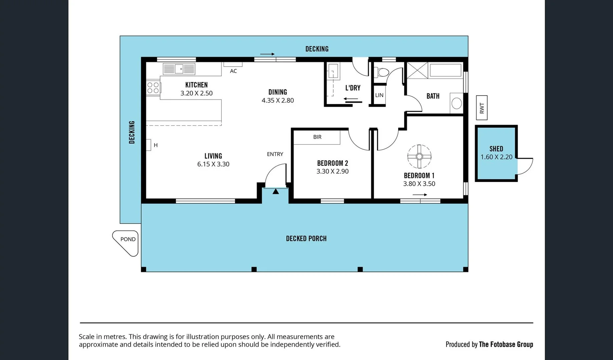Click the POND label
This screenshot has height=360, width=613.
[x=128, y=239]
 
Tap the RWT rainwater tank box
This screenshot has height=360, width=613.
[x=482, y=108]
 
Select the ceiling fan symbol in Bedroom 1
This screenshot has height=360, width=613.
[x=419, y=156]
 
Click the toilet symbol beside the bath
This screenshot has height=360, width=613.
[x=382, y=72]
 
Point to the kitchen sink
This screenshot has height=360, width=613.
[x=179, y=69]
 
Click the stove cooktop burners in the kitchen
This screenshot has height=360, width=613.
[x=153, y=88]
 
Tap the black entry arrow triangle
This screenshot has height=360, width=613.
[x=275, y=191]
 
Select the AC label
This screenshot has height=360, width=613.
[x=233, y=71]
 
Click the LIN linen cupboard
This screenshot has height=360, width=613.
[x=379, y=95]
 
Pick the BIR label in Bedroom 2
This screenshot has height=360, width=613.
[x=317, y=137]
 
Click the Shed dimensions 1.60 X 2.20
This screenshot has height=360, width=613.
[x=496, y=157]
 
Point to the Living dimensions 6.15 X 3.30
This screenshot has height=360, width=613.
[x=213, y=164]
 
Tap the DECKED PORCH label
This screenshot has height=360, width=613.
[x=306, y=239]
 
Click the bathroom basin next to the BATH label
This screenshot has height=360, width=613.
[x=456, y=103]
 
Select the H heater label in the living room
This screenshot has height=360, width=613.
[x=155, y=145]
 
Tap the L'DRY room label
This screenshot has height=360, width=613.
[x=353, y=88]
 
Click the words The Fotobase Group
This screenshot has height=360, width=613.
[x=506, y=344]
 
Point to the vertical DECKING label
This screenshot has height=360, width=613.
[x=132, y=132]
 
